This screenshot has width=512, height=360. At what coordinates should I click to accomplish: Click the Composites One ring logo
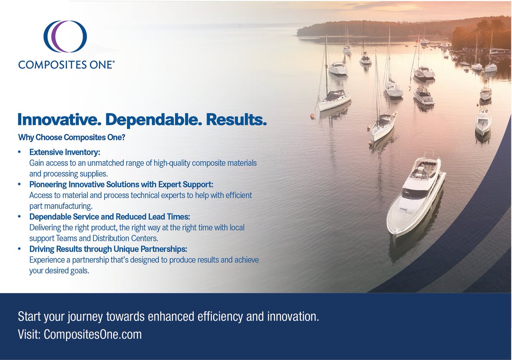pos(66,37)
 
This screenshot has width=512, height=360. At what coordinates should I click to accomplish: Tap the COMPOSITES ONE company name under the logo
pos(66,64)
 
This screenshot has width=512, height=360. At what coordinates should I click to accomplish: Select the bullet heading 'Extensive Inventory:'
pos(64,152)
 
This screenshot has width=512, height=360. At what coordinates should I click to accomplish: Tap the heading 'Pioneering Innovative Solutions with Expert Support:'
pos(121,184)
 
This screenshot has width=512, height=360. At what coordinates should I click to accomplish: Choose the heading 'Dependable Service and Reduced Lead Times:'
pos(110,217)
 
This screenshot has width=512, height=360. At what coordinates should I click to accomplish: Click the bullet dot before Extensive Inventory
pos(20,152)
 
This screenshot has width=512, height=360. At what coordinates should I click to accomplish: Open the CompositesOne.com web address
pos(92,334)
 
